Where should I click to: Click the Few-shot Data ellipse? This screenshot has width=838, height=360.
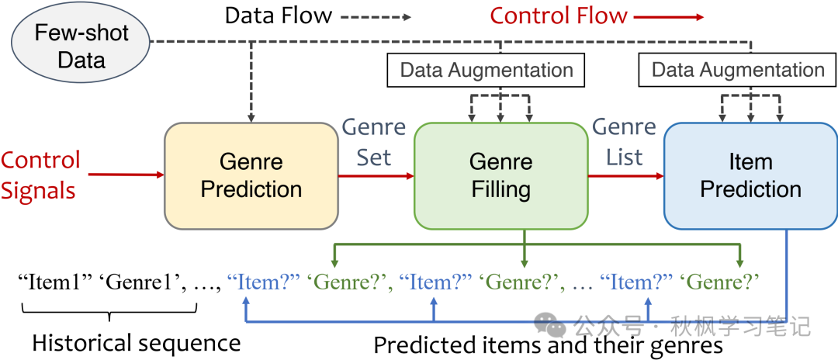click(81, 46)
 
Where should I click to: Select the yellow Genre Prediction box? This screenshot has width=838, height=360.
click(251, 175)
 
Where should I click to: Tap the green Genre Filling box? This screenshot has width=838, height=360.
click(500, 175)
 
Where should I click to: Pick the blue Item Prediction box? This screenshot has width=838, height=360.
click(750, 175)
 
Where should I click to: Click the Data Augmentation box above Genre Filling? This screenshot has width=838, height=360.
click(487, 70)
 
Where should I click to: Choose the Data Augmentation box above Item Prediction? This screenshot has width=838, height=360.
click(737, 70)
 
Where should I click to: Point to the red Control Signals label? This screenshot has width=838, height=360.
click(40, 175)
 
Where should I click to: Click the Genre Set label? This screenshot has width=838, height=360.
click(374, 142)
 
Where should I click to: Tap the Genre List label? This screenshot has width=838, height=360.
click(625, 142)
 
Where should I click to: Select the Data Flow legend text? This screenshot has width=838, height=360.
click(278, 15)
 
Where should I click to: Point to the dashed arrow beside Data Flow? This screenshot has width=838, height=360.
click(377, 16)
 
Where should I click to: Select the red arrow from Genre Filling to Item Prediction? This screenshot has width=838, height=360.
click(625, 175)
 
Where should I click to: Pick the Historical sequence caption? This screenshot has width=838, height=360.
click(136, 341)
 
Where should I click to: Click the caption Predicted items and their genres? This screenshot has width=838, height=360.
click(548, 344)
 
